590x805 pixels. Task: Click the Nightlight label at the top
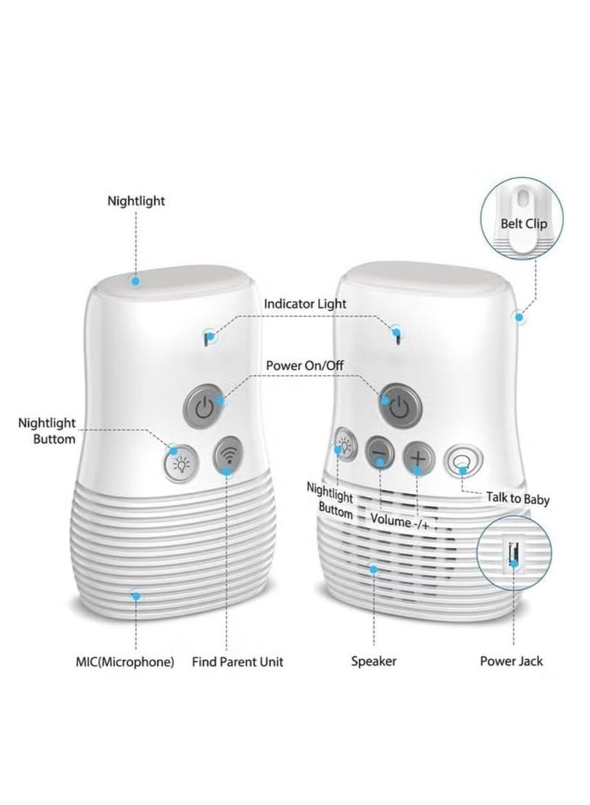pyautogui.click(x=136, y=201)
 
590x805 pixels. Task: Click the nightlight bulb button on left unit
pyautogui.click(x=179, y=464)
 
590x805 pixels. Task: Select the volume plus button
pyautogui.click(x=417, y=457)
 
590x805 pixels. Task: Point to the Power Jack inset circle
pyautogui.click(x=514, y=554)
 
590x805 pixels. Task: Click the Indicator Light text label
pyautogui.click(x=305, y=304)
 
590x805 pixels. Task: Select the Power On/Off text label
pyautogui.click(x=304, y=365)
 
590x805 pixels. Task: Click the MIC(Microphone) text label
pyautogui.click(x=125, y=661)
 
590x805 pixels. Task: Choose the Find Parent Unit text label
pyautogui.click(x=237, y=661)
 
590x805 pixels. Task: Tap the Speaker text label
pyautogui.click(x=373, y=661)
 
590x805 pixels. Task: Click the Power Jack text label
pyautogui.click(x=511, y=661)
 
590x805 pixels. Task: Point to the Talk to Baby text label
pyautogui.click(x=517, y=499)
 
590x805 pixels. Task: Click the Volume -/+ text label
pyautogui.click(x=399, y=520)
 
